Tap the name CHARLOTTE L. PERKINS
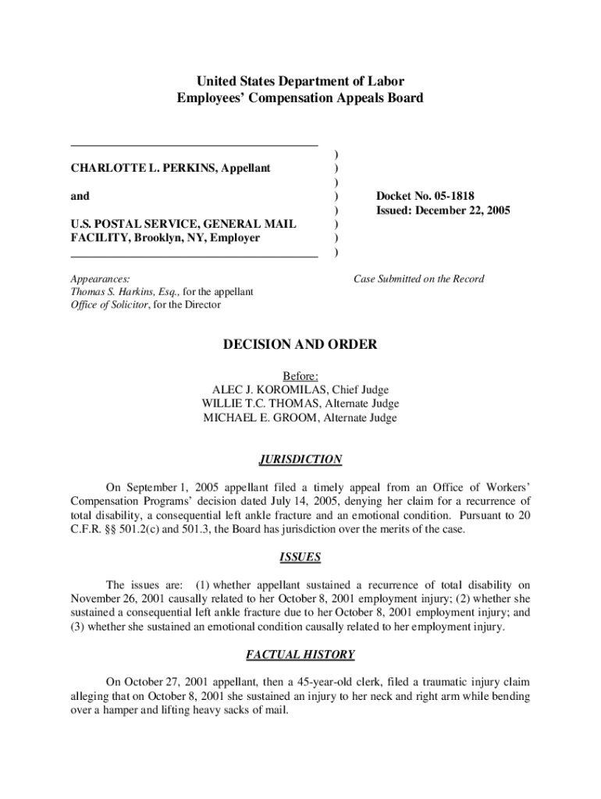click(x=141, y=168)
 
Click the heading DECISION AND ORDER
click(x=300, y=344)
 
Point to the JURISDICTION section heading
click(x=300, y=460)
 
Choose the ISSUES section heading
click(x=300, y=557)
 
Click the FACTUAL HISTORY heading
click(x=300, y=655)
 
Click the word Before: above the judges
click(x=300, y=376)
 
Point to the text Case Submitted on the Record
click(x=418, y=279)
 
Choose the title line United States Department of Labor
click(x=300, y=81)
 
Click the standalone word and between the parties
click(x=80, y=196)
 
